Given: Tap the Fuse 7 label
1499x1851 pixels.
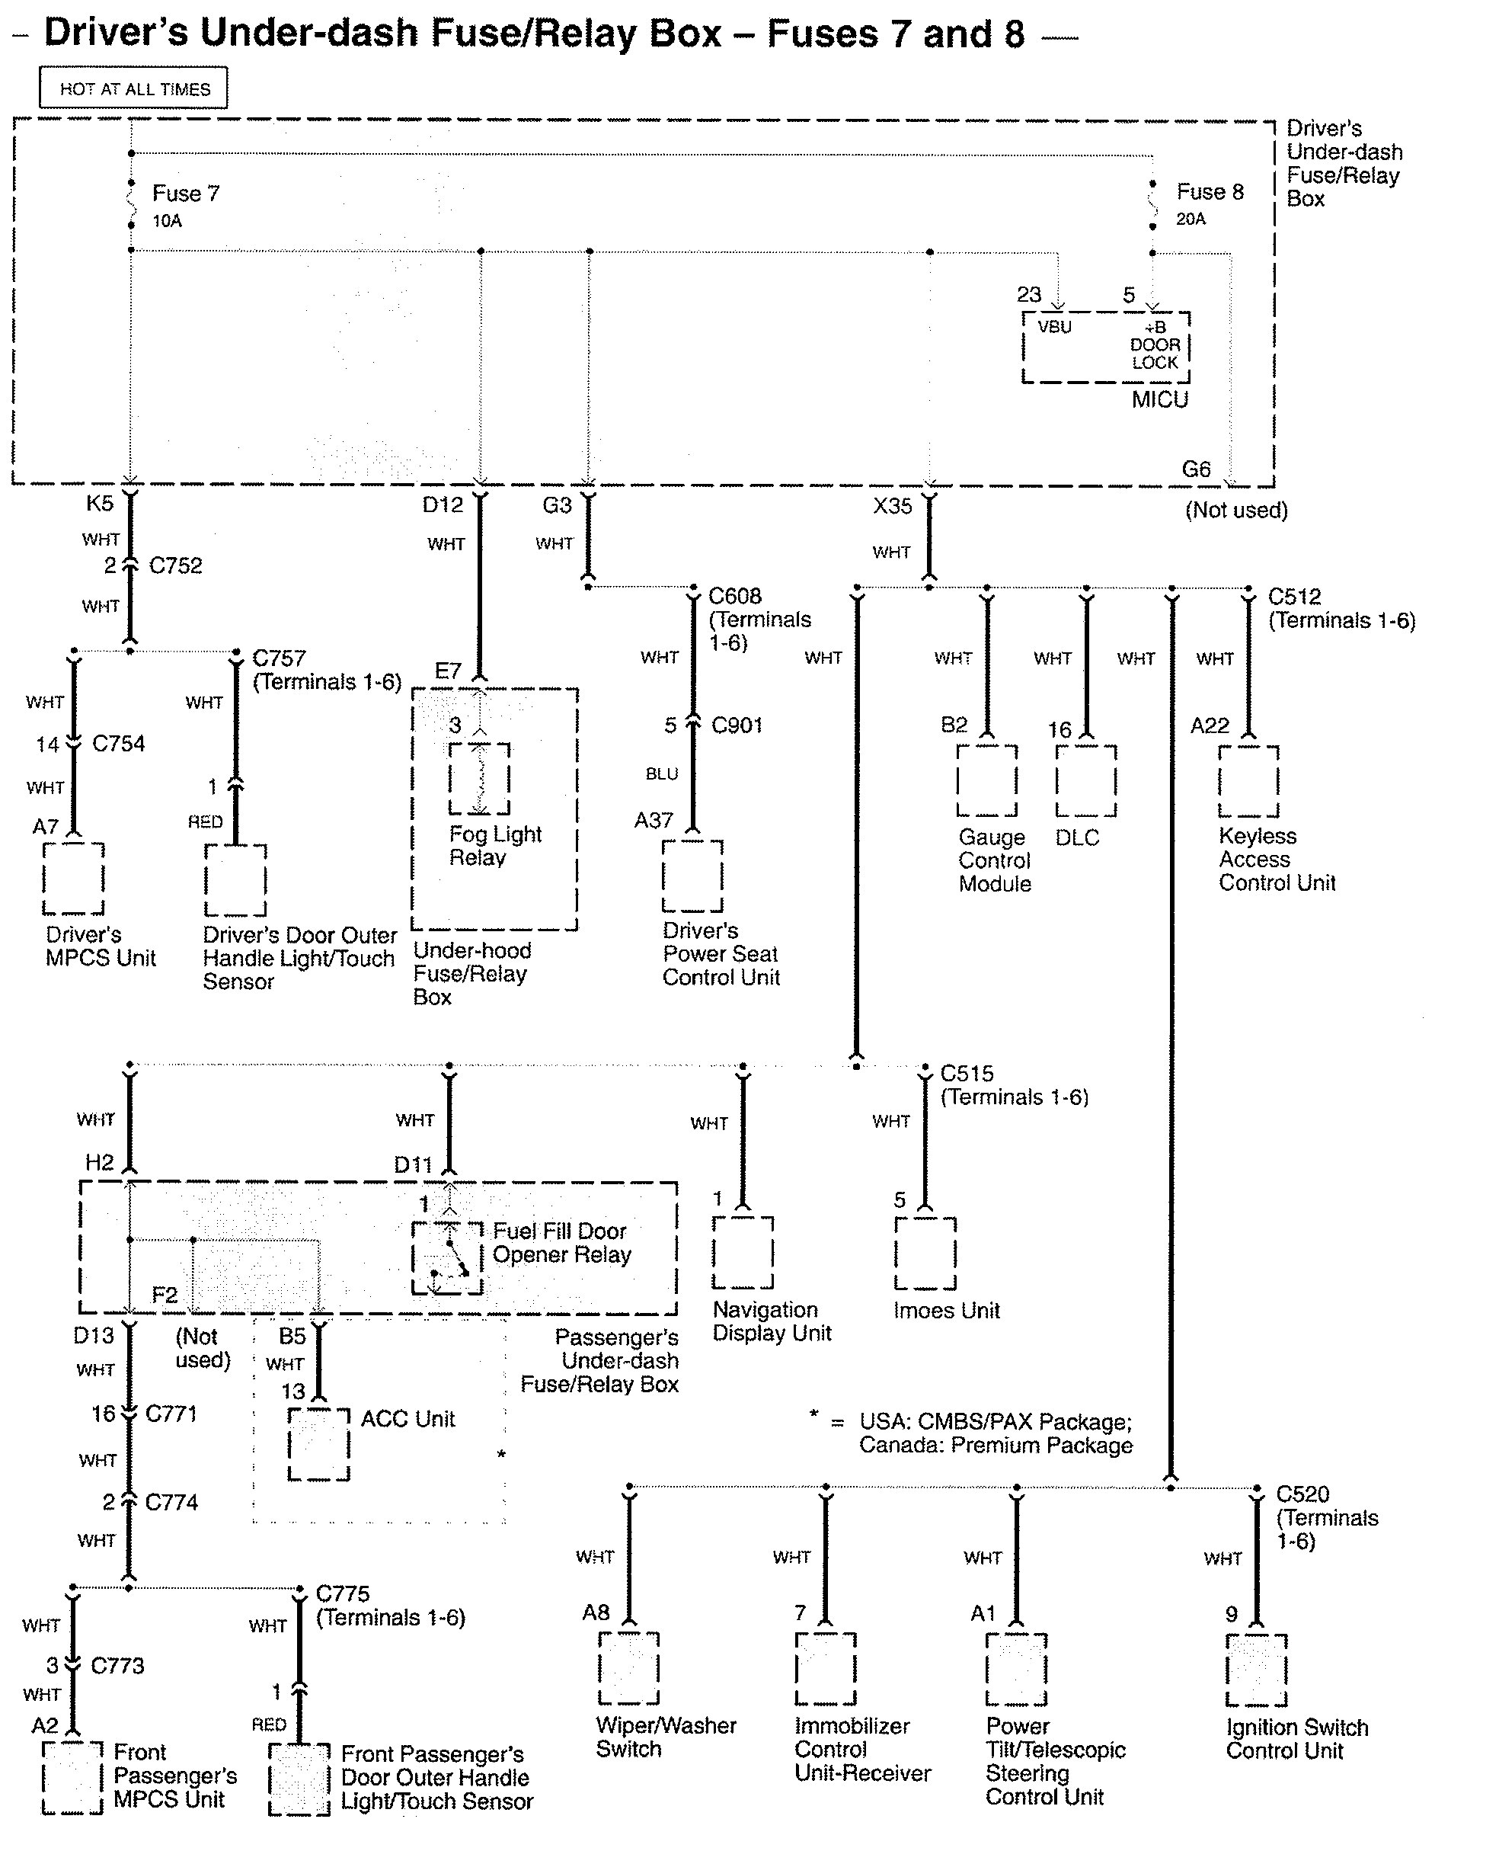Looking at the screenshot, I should [186, 194].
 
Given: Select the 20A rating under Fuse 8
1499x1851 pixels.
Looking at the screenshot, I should [1191, 219].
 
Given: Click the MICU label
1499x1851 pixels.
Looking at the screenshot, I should [1159, 400].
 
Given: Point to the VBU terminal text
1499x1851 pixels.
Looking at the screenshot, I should [1054, 328].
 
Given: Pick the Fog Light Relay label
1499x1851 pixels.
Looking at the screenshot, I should [495, 846].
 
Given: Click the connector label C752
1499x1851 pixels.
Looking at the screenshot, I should [175, 565].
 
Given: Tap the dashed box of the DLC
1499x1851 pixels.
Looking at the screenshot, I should [1086, 781].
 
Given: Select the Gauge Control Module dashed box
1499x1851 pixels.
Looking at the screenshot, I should [987, 781].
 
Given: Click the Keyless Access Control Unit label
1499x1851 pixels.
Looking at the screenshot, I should [1277, 860].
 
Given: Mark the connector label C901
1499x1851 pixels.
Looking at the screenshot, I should [737, 725].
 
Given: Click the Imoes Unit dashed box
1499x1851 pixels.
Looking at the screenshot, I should [925, 1254].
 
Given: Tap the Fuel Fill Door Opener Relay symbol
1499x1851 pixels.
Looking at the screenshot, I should [447, 1257].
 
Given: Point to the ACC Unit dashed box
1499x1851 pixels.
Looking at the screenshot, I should [318, 1445].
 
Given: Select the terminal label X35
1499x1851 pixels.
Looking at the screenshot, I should [892, 506].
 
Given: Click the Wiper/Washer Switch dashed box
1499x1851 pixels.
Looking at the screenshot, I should [628, 1669].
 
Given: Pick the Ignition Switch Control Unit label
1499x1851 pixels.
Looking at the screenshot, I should [1296, 1740].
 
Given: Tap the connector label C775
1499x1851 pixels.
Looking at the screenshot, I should [343, 1593].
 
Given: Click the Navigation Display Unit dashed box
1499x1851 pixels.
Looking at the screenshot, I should [743, 1253].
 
